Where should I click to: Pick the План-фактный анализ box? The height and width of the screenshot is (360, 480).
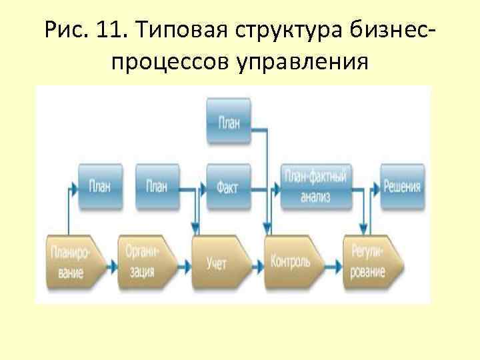[x=315, y=186]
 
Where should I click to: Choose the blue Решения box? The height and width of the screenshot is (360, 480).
[x=402, y=186]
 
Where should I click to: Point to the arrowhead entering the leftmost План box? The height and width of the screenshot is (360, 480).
[x=75, y=186]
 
